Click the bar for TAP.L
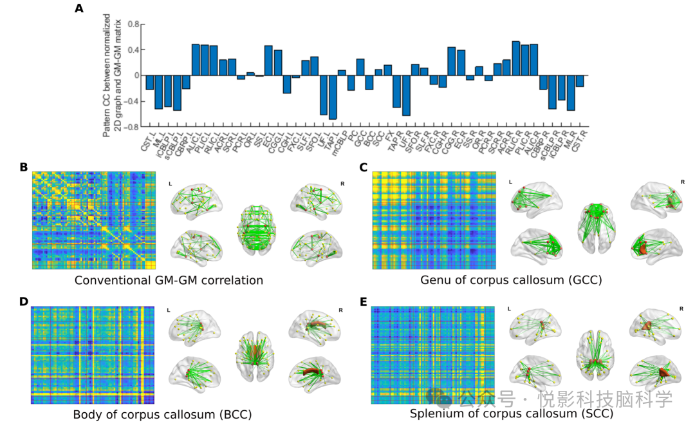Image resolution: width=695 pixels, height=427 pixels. [x=333, y=97]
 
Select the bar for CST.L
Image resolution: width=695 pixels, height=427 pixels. [x=150, y=82]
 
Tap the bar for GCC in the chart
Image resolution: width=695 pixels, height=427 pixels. [x=360, y=68]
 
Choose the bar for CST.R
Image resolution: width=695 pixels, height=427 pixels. [x=580, y=81]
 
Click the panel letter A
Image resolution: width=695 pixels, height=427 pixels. [x=79, y=8]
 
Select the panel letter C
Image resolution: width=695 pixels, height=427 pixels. [x=364, y=167]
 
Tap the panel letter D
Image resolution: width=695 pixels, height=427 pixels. [x=24, y=301]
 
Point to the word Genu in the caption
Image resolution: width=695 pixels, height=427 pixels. [x=434, y=280]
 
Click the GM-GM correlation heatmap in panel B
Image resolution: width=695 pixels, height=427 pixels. [x=94, y=221]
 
